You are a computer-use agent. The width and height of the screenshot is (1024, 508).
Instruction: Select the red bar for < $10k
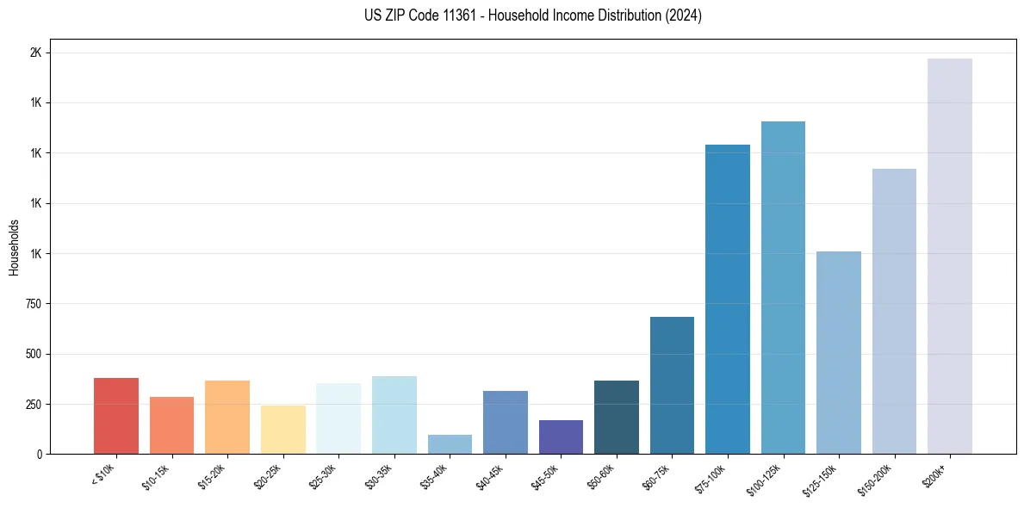[x=116, y=416]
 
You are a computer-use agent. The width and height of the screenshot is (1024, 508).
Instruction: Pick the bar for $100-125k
[x=783, y=288]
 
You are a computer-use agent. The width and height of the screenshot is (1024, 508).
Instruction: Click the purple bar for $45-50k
[x=561, y=437]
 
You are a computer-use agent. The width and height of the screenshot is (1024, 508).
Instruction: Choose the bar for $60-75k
[x=672, y=385]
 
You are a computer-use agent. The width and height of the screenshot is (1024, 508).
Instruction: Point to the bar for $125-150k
[x=838, y=352]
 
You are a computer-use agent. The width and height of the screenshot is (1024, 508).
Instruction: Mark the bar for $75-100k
[x=727, y=299]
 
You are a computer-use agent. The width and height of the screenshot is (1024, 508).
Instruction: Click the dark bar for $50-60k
[x=617, y=417]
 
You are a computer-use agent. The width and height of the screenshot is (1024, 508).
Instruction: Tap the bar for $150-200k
[x=894, y=311]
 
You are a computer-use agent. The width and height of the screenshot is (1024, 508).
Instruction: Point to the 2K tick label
[x=36, y=53]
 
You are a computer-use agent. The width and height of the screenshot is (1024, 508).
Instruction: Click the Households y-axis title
[x=14, y=247]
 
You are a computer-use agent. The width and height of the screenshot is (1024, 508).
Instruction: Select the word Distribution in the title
[x=621, y=15]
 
